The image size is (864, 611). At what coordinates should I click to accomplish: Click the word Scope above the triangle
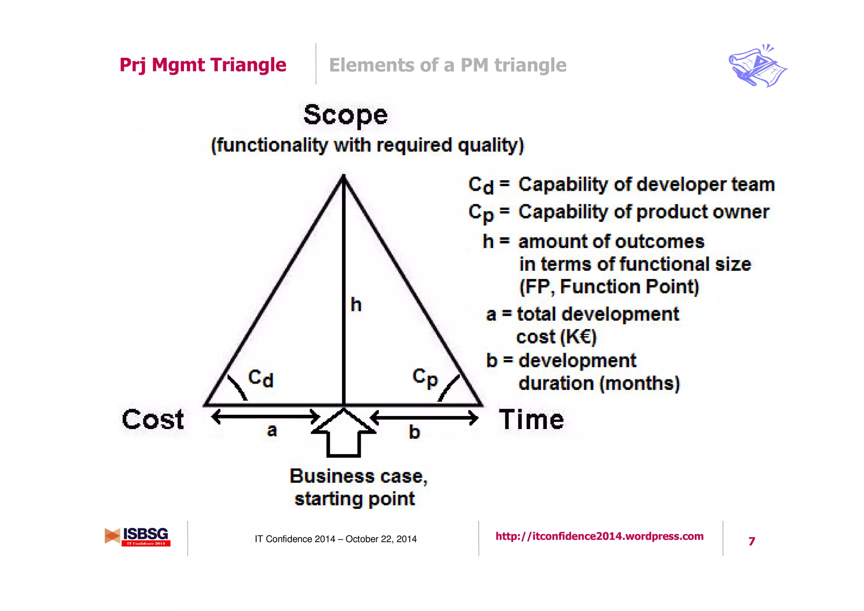point(345,115)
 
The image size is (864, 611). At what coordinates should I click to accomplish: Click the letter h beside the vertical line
point(356,304)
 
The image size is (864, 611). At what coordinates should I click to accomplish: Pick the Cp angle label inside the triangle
point(425,378)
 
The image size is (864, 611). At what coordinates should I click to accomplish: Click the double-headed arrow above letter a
point(266,417)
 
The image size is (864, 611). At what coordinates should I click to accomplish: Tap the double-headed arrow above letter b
point(424,418)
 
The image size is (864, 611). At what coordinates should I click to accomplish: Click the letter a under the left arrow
point(272,430)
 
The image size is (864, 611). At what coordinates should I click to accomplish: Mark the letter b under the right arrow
point(414,432)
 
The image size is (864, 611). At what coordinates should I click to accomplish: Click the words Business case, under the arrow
point(358,476)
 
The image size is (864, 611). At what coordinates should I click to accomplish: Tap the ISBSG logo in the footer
point(138,537)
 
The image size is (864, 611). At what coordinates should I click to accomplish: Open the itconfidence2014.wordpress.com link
point(599,536)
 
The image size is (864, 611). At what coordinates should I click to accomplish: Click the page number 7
point(751,541)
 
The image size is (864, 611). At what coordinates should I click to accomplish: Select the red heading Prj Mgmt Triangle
point(203,65)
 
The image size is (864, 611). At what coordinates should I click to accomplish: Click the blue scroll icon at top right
point(757,66)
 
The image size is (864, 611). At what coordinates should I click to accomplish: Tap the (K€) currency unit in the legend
point(578,337)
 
